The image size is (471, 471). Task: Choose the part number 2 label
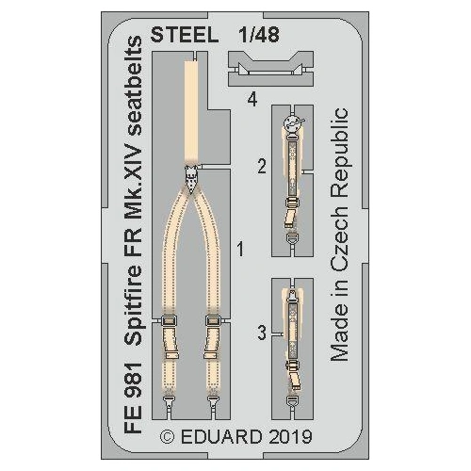click(x=261, y=168)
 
